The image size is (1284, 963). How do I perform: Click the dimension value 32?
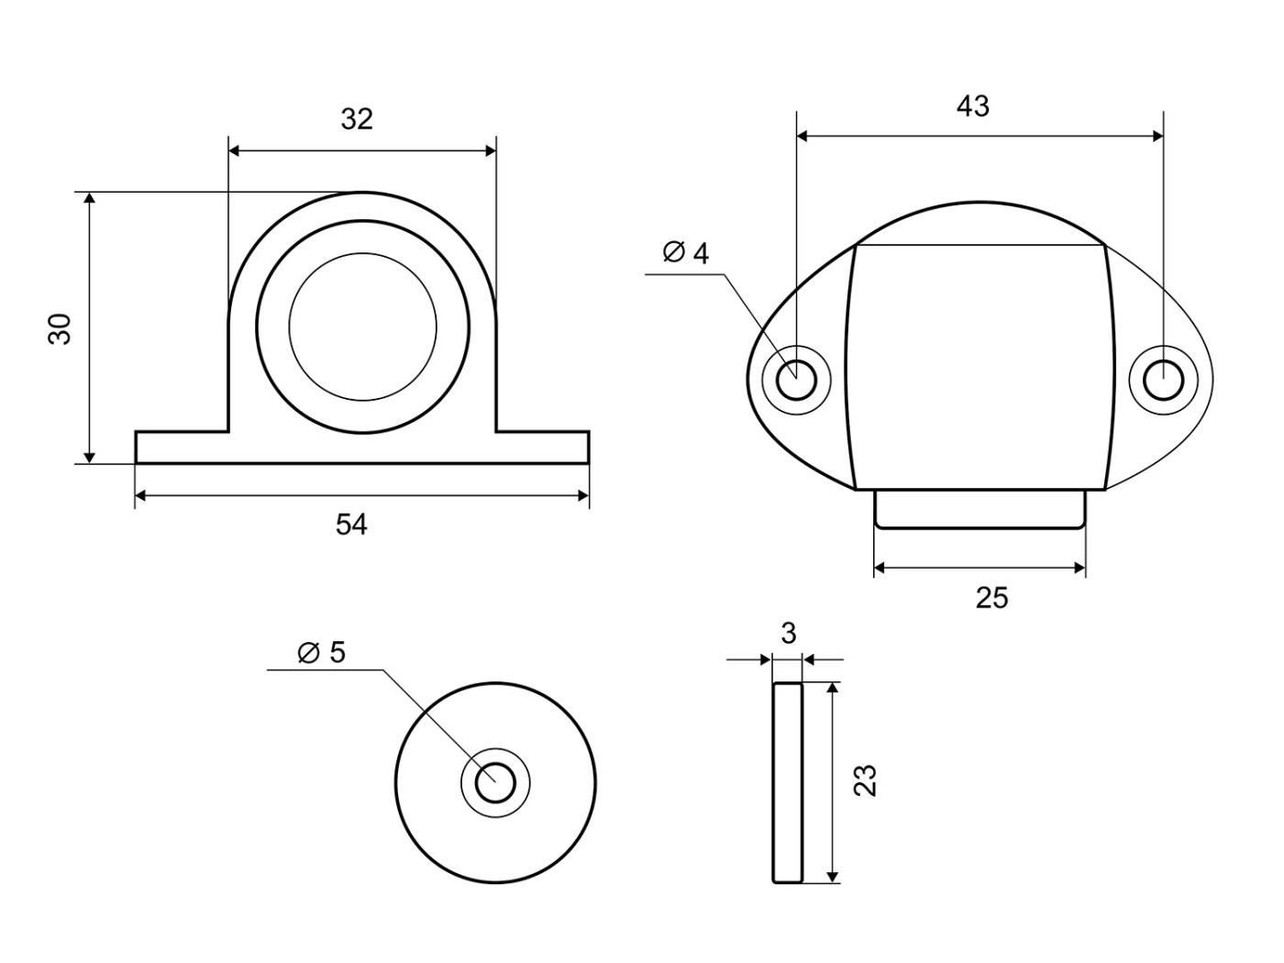357,119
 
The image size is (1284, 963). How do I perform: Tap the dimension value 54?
351,525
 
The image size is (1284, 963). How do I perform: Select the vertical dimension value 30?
60,329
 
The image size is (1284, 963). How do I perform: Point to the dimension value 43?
973,106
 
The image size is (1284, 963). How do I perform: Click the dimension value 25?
991,598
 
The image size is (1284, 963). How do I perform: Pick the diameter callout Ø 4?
686,252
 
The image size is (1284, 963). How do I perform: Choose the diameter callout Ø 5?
322,652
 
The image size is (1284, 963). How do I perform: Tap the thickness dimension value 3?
789,633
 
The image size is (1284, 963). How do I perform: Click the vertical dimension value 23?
865,780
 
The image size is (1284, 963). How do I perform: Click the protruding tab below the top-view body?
980,509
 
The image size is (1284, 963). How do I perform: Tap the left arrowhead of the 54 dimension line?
140,496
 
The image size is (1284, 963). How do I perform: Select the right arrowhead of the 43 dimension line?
1157,137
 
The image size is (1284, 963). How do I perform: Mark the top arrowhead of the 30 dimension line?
90,197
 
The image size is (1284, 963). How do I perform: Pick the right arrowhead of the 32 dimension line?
491,150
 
